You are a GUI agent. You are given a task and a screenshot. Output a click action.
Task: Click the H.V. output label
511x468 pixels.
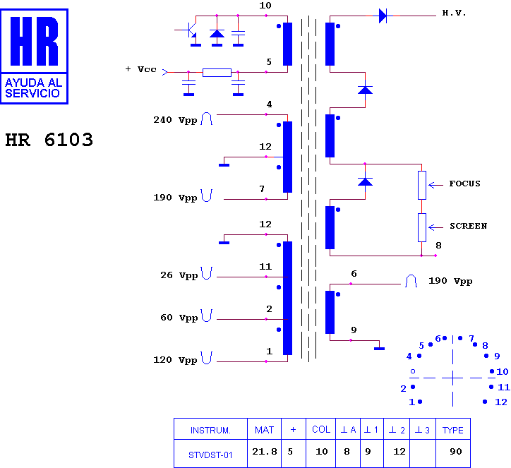tap(454, 13)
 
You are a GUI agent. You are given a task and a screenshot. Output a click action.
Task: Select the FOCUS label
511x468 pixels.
tap(464, 184)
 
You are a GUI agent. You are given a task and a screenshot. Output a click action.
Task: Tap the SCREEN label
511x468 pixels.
tap(469, 226)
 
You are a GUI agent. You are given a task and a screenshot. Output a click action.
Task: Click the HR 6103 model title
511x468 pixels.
tap(49, 140)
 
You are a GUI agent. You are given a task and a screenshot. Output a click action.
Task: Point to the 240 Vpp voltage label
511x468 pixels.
tap(175, 120)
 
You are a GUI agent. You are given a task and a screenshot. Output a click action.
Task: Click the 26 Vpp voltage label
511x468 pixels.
tap(179, 275)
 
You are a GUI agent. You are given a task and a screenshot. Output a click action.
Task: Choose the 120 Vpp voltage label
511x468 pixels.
tap(175, 360)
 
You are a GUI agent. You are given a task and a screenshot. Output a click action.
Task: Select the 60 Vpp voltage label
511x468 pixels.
tap(179, 318)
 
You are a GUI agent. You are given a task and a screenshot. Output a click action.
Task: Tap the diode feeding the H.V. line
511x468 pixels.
tap(383, 16)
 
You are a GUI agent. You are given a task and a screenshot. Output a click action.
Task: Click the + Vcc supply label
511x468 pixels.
tap(140, 69)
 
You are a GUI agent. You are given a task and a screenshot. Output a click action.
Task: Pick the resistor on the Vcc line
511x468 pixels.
tap(217, 72)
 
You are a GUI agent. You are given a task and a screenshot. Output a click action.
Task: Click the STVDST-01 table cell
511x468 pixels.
tap(210, 455)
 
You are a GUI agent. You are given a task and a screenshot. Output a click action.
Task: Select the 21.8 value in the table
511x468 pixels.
tap(265, 452)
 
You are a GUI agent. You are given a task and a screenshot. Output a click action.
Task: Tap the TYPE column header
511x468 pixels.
tap(453, 431)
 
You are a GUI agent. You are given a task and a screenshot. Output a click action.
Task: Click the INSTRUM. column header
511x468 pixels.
tap(210, 431)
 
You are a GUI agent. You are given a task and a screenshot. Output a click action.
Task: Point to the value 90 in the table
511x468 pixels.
tap(456, 452)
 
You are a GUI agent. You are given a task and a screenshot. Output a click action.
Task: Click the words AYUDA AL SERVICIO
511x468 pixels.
tap(34, 88)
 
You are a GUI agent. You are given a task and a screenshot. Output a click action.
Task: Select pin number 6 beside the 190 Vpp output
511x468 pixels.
tap(354, 274)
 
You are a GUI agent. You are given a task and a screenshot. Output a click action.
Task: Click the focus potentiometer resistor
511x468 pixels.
tap(421, 185)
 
